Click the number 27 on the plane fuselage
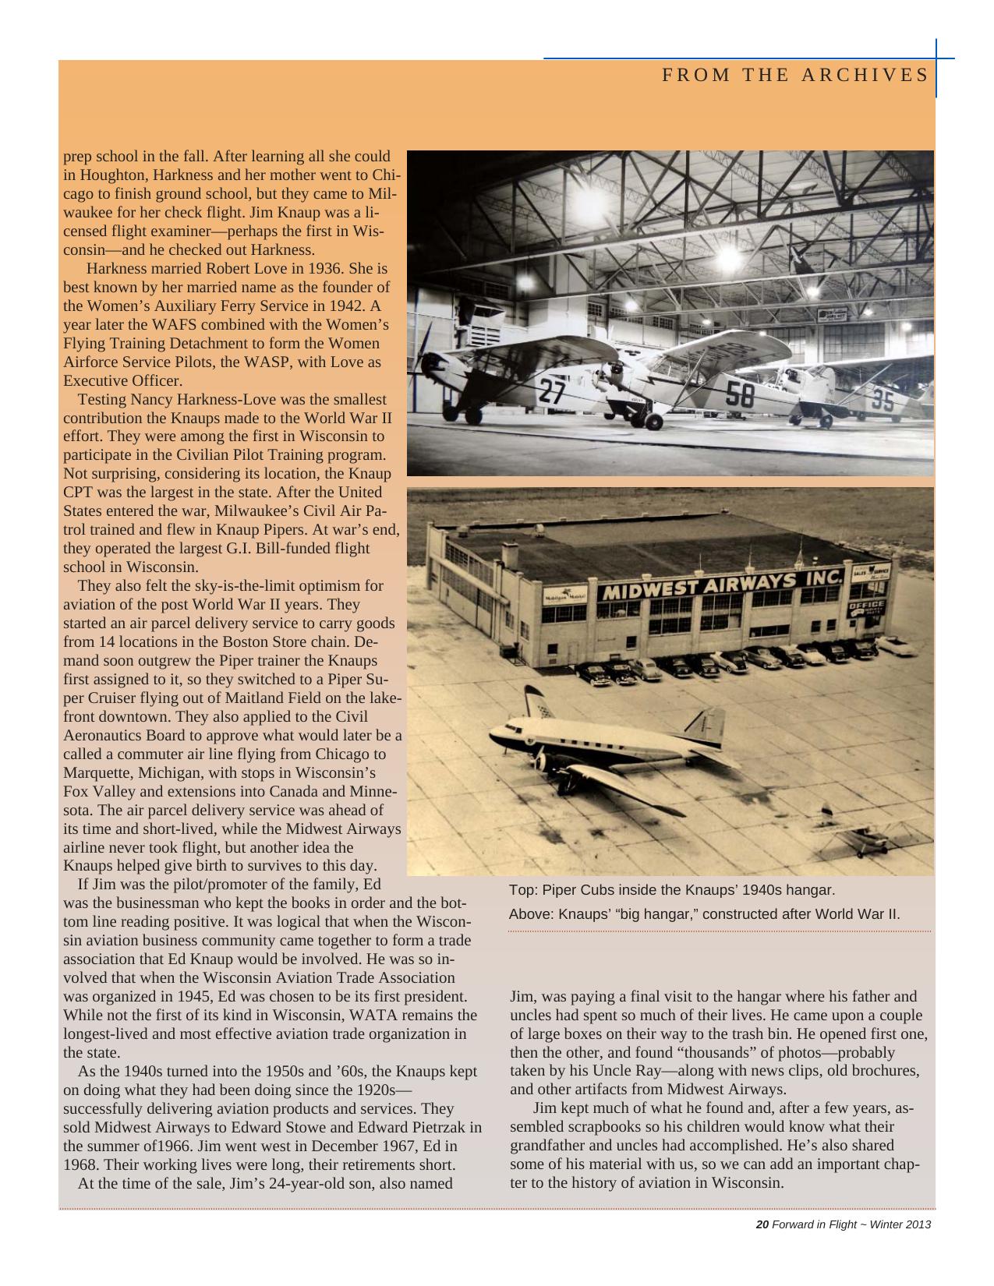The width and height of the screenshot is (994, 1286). pos(552,390)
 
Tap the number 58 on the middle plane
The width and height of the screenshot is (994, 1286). pos(740,394)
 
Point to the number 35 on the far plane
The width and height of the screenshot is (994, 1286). pos(883,399)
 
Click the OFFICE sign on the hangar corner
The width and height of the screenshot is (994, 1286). pos(865,606)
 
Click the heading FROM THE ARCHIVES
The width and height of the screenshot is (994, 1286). pos(795,75)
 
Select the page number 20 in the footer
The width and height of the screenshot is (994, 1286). pos(762,1224)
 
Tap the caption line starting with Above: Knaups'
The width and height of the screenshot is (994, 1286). pos(704,913)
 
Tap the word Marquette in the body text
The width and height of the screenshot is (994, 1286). pos(96,773)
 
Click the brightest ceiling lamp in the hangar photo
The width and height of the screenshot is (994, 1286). pos(729,256)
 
